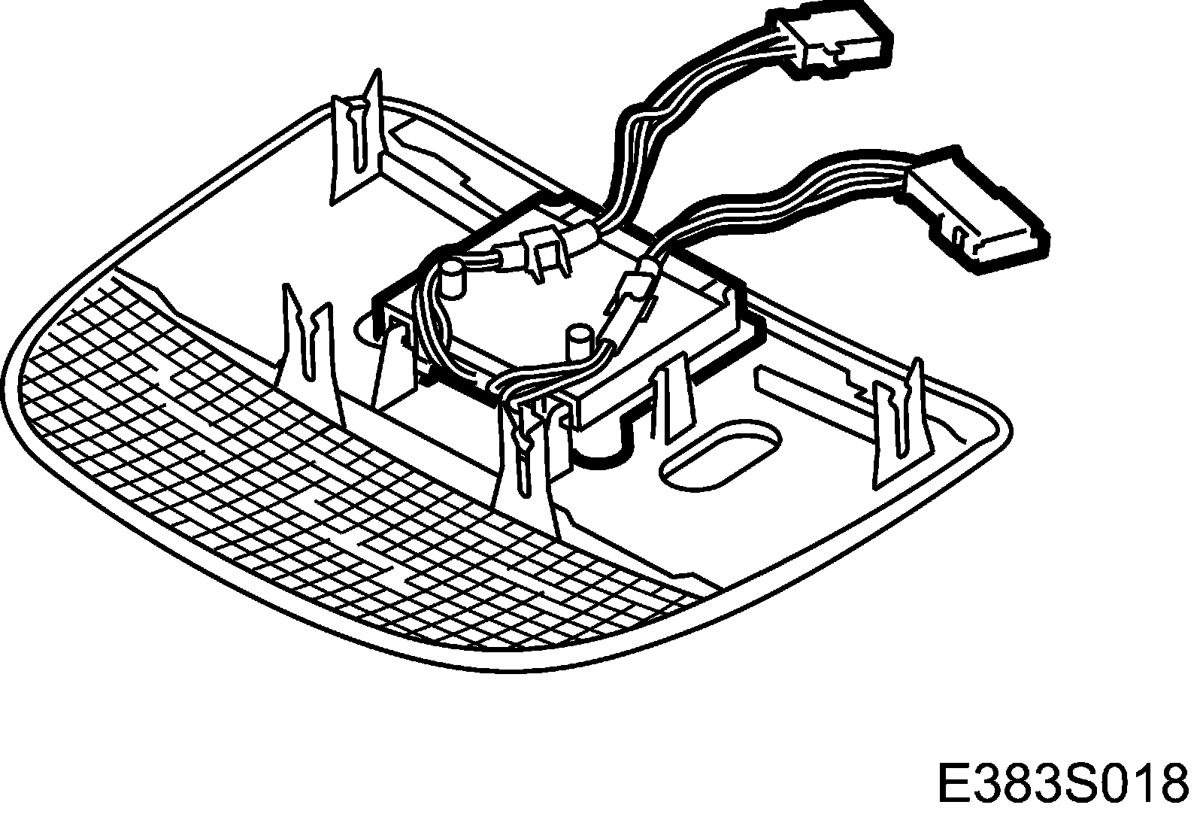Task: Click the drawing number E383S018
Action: [1062, 782]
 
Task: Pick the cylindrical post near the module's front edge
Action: [578, 342]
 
